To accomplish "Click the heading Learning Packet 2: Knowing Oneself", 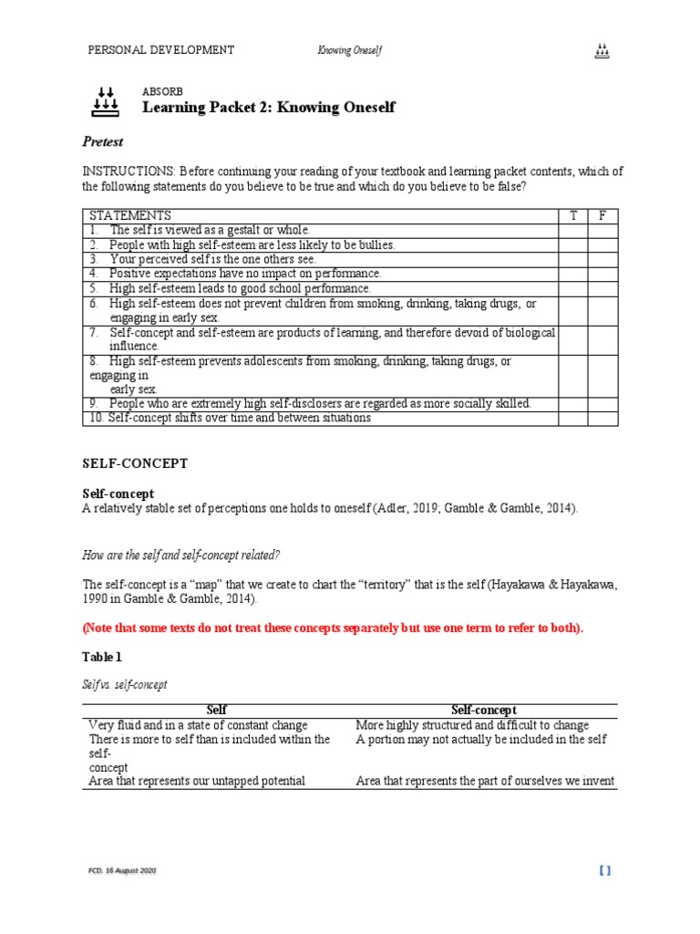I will tap(269, 108).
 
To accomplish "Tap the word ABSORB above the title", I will tap(162, 92).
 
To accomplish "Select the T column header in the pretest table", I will tap(573, 215).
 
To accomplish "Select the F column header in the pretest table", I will tap(602, 215).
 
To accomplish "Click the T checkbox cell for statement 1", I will tap(573, 230).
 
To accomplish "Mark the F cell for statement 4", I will tap(602, 273).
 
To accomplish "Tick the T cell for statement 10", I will tap(573, 418).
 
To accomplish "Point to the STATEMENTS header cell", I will tap(130, 215).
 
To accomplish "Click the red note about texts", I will tap(334, 628).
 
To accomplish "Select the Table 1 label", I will tap(102, 657).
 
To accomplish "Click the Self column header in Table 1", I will tap(217, 710).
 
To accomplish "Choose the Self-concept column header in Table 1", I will tap(484, 710).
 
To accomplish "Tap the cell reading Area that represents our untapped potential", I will tap(197, 781).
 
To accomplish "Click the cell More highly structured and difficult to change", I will tap(472, 724).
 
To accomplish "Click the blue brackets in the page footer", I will tap(605, 871).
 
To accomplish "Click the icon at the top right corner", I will tap(602, 51).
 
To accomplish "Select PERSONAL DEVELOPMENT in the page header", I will tap(160, 50).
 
